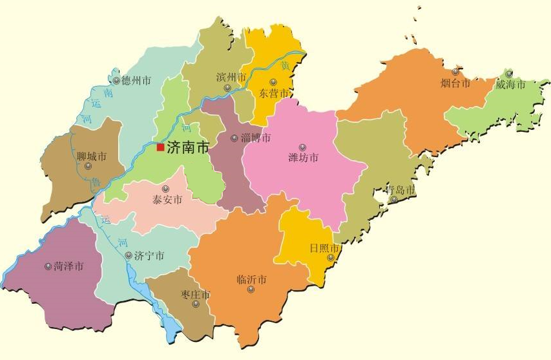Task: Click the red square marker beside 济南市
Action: click(160, 147)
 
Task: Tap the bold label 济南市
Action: click(188, 147)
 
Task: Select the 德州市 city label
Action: click(136, 81)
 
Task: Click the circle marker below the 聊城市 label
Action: click(88, 166)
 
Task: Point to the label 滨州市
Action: click(231, 77)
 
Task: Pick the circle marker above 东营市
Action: click(273, 82)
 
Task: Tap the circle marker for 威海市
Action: click(509, 73)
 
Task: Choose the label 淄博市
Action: click(256, 138)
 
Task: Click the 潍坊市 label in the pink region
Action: click(303, 158)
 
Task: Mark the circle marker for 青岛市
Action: click(394, 199)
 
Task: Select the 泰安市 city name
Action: click(167, 200)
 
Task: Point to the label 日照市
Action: click(324, 248)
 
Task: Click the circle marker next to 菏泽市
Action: click(48, 266)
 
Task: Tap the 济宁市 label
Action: click(149, 256)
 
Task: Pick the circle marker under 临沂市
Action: click(251, 289)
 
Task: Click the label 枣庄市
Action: click(195, 295)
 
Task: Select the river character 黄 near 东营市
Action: click(284, 66)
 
